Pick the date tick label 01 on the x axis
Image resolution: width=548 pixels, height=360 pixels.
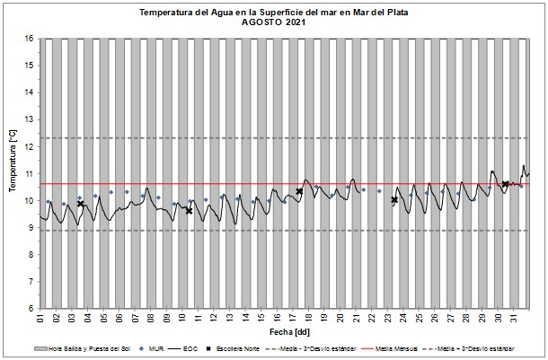41,318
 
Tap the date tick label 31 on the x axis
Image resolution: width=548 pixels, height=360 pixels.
515,318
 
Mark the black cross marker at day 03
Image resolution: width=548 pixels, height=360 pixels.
81,204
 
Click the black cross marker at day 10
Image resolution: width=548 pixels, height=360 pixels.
189,211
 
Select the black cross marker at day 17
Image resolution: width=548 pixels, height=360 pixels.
299,191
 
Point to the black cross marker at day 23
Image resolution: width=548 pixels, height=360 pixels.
394,200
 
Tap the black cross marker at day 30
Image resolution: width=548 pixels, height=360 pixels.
506,184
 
